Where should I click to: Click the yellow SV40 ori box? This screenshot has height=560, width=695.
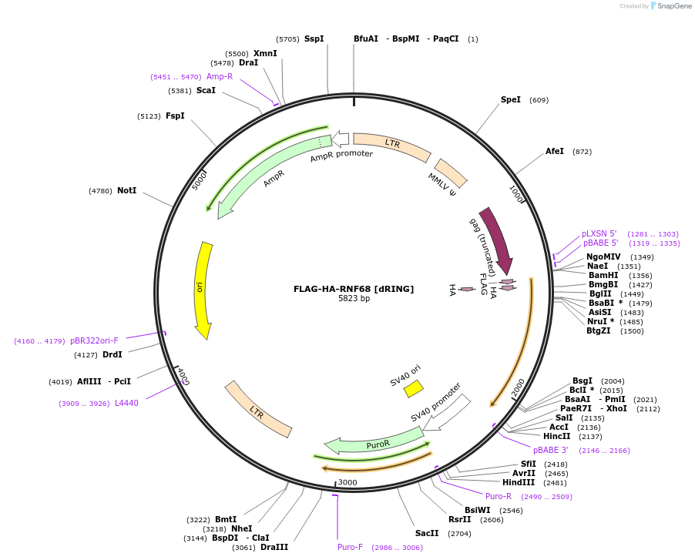tap(414, 388)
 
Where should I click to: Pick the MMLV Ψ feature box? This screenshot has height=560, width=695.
tap(451, 173)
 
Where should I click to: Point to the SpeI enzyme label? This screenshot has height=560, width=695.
tap(511, 100)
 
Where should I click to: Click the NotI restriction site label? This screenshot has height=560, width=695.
tap(127, 190)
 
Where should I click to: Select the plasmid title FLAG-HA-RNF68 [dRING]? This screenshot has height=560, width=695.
tap(354, 289)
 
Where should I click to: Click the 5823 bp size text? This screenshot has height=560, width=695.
tap(354, 299)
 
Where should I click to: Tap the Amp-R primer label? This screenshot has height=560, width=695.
tap(220, 76)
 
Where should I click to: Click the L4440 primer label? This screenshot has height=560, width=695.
tap(126, 403)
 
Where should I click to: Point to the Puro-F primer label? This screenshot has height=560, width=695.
tap(350, 547)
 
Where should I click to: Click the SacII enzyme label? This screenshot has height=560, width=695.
tap(427, 533)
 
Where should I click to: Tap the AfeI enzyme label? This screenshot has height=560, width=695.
tap(555, 152)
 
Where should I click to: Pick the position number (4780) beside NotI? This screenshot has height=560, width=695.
tap(100, 191)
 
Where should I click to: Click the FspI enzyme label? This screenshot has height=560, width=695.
tap(175, 116)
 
